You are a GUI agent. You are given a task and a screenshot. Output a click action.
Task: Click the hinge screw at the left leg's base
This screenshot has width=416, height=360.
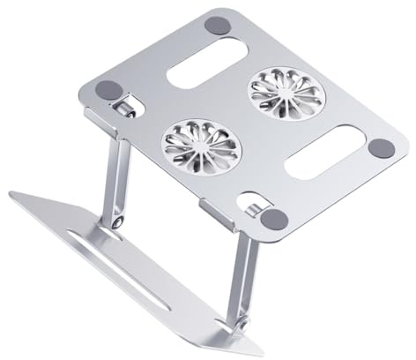(117, 227)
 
